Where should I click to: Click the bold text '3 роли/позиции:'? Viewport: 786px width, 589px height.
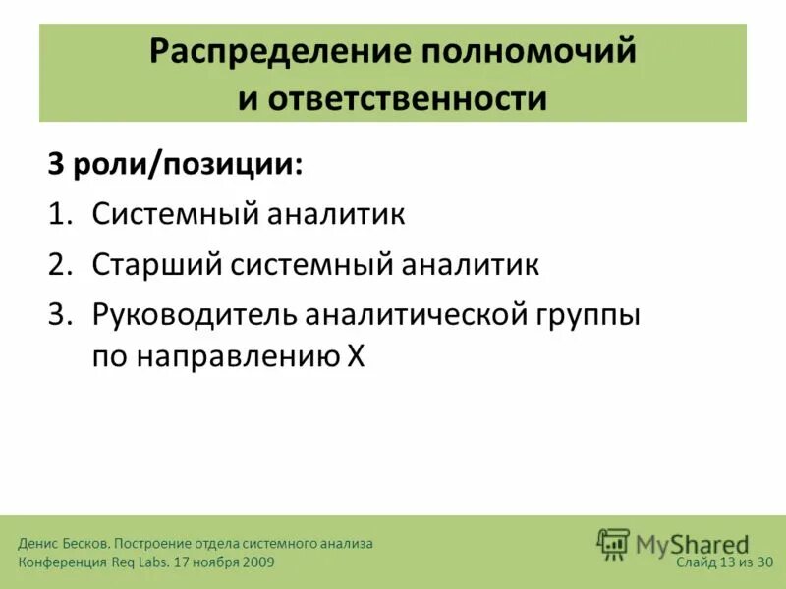click(x=176, y=164)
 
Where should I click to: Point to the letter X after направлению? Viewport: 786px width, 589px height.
click(x=355, y=357)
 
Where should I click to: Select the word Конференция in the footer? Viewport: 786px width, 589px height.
click(x=60, y=562)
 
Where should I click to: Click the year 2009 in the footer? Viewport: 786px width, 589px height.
click(x=256, y=562)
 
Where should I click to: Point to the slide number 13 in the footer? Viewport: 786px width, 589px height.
click(x=727, y=562)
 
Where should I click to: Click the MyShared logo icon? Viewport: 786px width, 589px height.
click(x=614, y=544)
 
